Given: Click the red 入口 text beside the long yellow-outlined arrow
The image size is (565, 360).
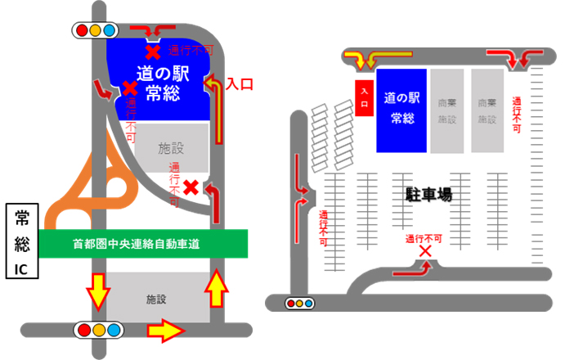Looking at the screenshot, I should click(240, 83).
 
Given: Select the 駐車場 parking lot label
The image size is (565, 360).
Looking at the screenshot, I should click(429, 195).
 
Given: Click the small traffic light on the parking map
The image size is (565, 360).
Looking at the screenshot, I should click(300, 304).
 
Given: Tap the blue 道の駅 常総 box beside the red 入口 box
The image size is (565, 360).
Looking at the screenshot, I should click(401, 110).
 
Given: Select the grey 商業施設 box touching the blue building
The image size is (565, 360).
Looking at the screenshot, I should click(446, 110).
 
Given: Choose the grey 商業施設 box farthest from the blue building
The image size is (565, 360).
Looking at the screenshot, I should click(487, 110).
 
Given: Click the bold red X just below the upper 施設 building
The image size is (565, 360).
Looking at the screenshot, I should click(191, 187).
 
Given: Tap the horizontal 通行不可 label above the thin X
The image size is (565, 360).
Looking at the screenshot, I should click(424, 238).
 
